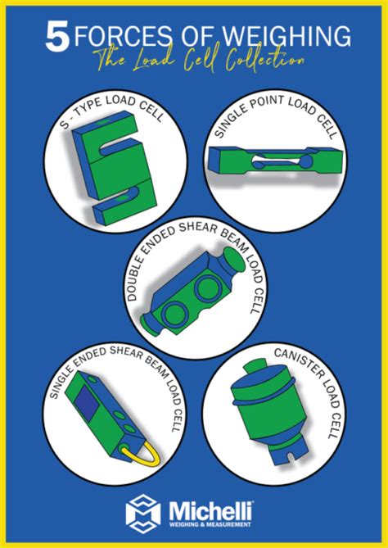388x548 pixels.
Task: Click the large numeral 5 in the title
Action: (x=56, y=38)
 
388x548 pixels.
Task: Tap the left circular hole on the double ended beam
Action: (x=176, y=314)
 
